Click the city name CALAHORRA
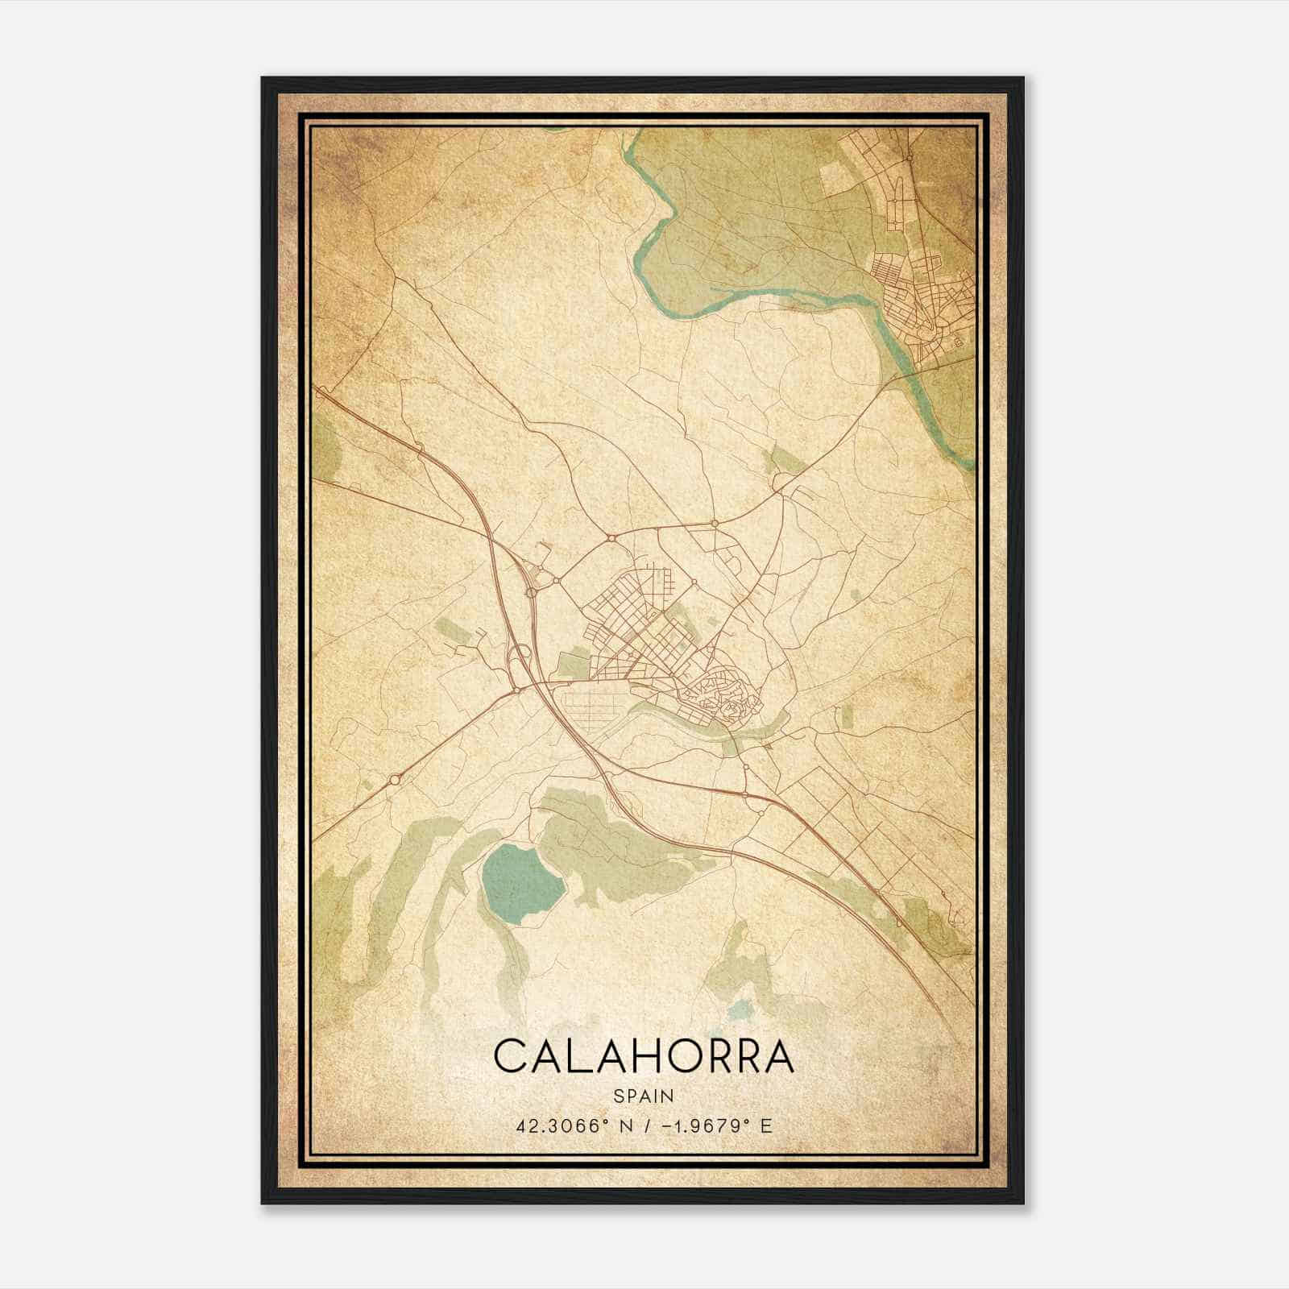pyautogui.click(x=644, y=1056)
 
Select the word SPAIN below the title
pyautogui.click(x=644, y=1096)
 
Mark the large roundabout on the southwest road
pyautogui.click(x=396, y=779)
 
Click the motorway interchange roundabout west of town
pyautogui.click(x=531, y=593)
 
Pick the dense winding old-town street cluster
pyautogui.click(x=721, y=697)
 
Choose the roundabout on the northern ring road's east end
pyautogui.click(x=714, y=524)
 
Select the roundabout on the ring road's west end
pyautogui.click(x=611, y=537)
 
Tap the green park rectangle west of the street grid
pyautogui.click(x=573, y=664)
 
